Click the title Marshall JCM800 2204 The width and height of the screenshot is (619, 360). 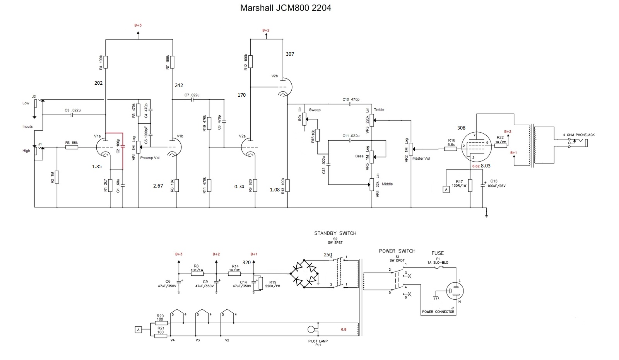[286, 8]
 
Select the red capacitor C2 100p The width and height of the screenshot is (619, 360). [123, 146]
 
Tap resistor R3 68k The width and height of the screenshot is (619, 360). [72, 147]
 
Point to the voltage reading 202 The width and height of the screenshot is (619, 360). [99, 83]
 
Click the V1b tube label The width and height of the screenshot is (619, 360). [180, 136]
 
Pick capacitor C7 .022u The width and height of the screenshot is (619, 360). [192, 99]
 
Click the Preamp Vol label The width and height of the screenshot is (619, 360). [150, 158]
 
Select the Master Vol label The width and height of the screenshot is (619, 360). [421, 158]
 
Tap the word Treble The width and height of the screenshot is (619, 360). [379, 110]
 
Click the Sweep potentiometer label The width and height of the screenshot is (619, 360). [315, 110]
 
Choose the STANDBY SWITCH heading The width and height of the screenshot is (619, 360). [335, 233]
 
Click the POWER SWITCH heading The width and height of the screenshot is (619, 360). [397, 251]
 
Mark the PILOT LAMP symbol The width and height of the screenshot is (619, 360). [311, 329]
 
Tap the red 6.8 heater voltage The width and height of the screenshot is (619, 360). [344, 329]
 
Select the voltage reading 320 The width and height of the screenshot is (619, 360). [246, 262]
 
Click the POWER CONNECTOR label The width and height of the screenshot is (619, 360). [438, 312]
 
